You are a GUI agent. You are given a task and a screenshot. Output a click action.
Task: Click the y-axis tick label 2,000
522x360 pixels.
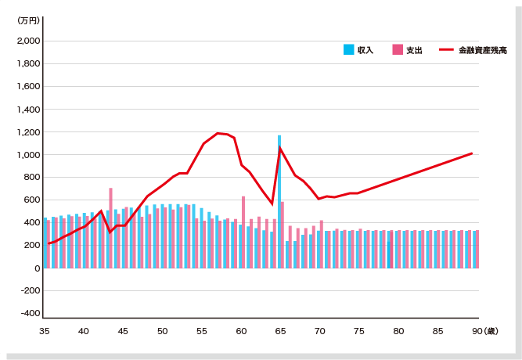29,41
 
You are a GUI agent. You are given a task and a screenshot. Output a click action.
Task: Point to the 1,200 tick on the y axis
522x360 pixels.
29,132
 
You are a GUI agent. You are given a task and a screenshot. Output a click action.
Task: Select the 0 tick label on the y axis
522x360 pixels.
36,268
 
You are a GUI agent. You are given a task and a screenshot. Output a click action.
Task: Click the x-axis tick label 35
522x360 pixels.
45,332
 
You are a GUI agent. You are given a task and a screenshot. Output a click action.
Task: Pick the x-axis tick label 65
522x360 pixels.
280,332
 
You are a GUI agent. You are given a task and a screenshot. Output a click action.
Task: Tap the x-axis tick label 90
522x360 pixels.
476,332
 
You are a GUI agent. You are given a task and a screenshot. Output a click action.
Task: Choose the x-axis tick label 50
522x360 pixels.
162,332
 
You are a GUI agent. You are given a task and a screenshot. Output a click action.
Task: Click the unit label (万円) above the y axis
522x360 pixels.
29,21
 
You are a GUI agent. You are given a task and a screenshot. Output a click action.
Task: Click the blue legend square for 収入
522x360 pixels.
348,49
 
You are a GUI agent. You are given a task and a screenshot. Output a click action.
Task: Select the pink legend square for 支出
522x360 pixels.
398,49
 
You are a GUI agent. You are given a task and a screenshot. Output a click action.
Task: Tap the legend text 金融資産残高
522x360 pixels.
483,50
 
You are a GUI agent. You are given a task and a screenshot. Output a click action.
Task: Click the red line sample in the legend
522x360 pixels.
446,49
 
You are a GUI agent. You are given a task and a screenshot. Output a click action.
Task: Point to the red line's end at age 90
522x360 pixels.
472,153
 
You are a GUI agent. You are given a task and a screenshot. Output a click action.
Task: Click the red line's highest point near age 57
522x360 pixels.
218,133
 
